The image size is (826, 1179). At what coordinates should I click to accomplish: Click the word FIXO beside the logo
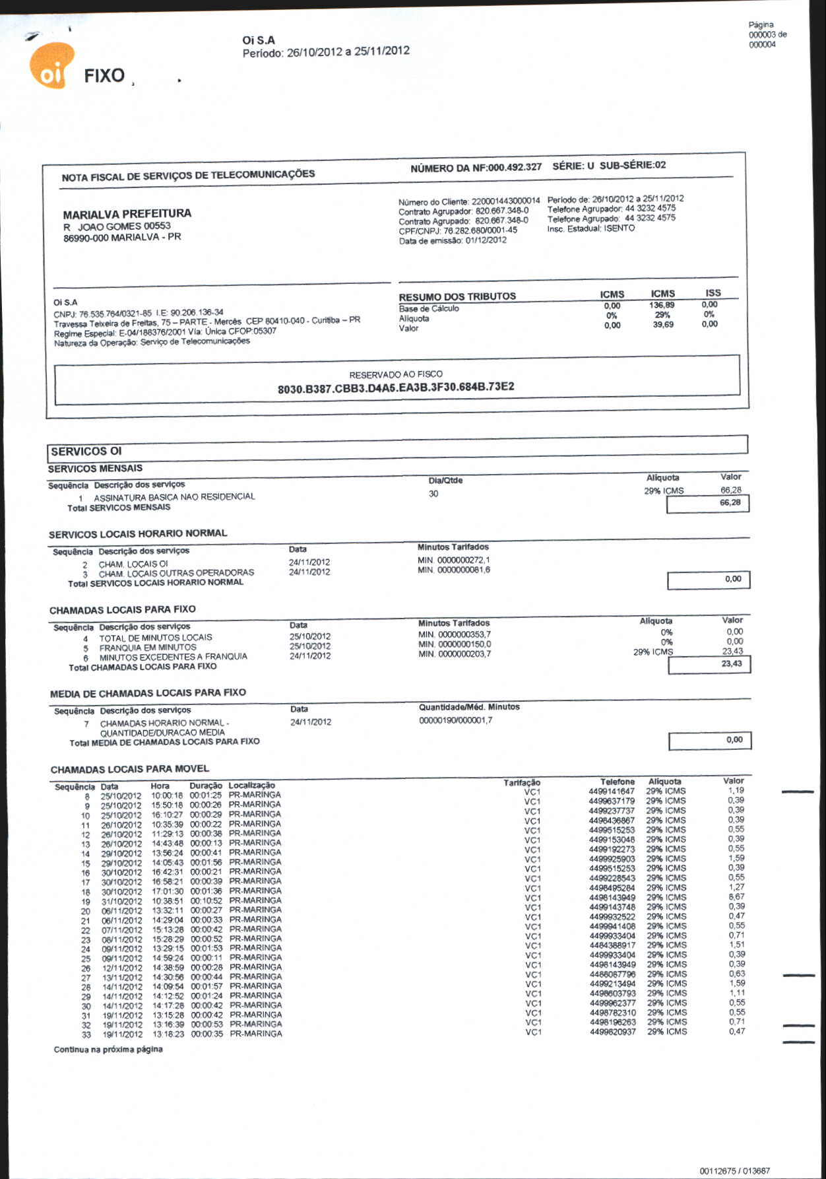tap(104, 76)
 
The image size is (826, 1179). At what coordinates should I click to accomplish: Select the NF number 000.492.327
tap(515, 167)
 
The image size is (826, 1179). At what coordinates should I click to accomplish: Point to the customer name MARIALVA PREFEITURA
tap(127, 214)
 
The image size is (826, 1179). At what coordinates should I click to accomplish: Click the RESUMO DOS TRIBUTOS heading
tap(457, 296)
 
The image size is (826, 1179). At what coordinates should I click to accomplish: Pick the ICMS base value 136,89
tap(662, 305)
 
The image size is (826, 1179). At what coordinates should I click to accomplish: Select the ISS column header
tap(713, 292)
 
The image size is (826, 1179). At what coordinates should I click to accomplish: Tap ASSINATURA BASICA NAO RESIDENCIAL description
tap(174, 496)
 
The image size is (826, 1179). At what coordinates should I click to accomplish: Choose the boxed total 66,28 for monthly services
tap(730, 503)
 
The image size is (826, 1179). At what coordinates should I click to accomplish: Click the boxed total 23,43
tap(732, 663)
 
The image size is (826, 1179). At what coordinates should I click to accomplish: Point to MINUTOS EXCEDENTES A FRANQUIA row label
tap(173, 657)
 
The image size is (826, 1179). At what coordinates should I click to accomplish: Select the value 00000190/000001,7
tap(455, 720)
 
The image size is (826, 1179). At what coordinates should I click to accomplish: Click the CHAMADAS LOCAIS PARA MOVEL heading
tap(130, 769)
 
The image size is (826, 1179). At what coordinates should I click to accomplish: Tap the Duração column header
tap(206, 786)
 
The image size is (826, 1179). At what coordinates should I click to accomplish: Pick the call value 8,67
tap(737, 896)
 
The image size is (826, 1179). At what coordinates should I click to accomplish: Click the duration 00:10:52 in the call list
tap(206, 900)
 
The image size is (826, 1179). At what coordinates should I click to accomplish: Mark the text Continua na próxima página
tap(108, 1049)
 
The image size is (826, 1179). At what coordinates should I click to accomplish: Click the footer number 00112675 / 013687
tap(734, 1171)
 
